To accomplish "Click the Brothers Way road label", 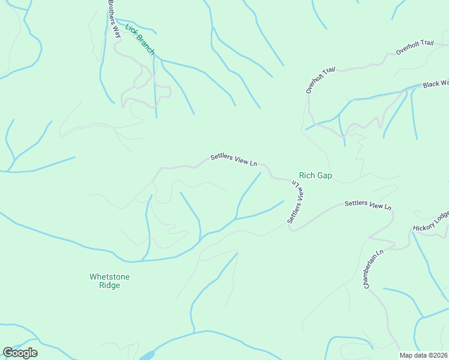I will pyautogui.click(x=114, y=19).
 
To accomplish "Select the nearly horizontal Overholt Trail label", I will pyautogui.click(x=414, y=47).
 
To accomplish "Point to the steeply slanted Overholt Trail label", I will pyautogui.click(x=319, y=80).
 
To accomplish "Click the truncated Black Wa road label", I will pyautogui.click(x=435, y=84).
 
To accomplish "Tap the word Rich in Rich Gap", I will pyautogui.click(x=307, y=176).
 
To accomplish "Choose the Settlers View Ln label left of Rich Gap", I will pyautogui.click(x=234, y=160).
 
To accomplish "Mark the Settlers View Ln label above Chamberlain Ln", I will pyautogui.click(x=368, y=205).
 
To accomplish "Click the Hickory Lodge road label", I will pyautogui.click(x=430, y=221).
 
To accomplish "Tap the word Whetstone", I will pyautogui.click(x=109, y=277).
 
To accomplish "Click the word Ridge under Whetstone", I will pyautogui.click(x=109, y=286).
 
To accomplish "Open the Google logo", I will pyautogui.click(x=20, y=352).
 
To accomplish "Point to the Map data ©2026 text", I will pyautogui.click(x=423, y=355).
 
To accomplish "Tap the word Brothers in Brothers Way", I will pyautogui.click(x=112, y=13).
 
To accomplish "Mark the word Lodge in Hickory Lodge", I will pyautogui.click(x=440, y=217).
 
